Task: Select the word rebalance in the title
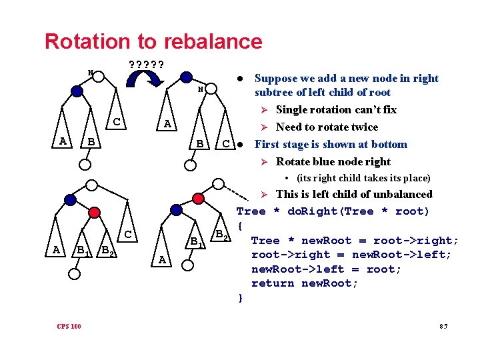click(212, 41)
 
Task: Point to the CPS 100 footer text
click(69, 326)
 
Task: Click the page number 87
click(443, 326)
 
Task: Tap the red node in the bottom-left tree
click(95, 211)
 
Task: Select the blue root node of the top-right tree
click(187, 78)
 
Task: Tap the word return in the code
click(273, 283)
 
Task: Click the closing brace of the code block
click(240, 298)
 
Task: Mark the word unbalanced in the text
click(402, 195)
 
